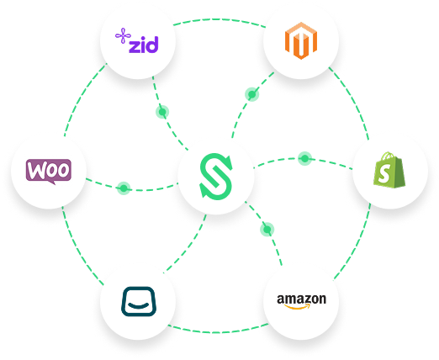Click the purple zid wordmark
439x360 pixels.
click(144, 45)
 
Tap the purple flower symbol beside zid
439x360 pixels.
click(123, 35)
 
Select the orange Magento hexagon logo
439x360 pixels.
click(301, 40)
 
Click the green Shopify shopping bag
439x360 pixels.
click(389, 170)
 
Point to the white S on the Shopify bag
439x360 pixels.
click(384, 173)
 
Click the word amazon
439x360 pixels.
click(301, 299)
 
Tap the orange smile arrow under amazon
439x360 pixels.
click(298, 306)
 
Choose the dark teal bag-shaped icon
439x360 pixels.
click(139, 301)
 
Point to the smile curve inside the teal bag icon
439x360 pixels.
click(139, 305)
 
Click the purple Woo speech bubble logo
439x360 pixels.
click(49, 172)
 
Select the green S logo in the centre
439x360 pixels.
click(216, 177)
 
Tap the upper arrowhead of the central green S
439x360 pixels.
click(228, 162)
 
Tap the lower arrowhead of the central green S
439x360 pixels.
click(204, 191)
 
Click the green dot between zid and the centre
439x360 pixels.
click(162, 112)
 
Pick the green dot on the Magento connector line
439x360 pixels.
click(251, 94)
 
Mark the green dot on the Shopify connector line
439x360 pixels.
click(304, 159)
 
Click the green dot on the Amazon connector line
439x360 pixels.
click(267, 230)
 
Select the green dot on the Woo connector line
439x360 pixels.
click(124, 188)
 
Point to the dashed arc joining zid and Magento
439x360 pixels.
click(219, 19)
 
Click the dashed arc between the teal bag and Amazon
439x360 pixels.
click(218, 332)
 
